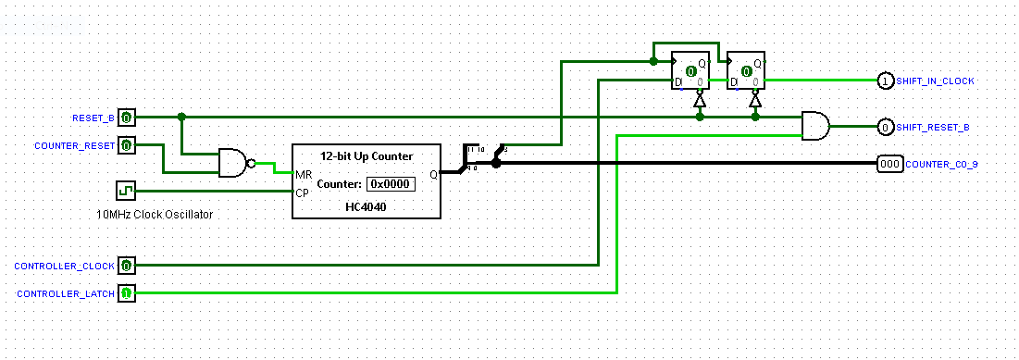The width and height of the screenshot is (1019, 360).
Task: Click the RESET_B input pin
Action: click(x=127, y=118)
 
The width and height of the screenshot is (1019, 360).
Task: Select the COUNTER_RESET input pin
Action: click(x=127, y=145)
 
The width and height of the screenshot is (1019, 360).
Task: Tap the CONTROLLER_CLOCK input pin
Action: click(x=127, y=266)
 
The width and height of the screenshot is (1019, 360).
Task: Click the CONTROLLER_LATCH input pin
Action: click(x=127, y=293)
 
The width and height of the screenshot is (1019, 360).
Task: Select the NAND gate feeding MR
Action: click(x=234, y=164)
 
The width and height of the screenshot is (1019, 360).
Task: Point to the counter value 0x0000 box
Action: click(x=390, y=184)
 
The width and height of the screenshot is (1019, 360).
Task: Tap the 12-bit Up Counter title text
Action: click(x=366, y=155)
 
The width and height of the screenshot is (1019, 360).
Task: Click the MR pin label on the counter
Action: click(x=303, y=175)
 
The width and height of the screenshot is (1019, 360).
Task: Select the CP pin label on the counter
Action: click(x=302, y=192)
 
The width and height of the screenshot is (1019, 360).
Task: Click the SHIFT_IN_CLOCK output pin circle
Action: click(x=885, y=81)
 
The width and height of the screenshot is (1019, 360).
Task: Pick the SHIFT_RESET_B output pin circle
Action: click(x=885, y=127)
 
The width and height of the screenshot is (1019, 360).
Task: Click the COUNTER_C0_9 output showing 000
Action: click(x=889, y=164)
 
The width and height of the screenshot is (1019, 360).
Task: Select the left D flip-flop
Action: click(x=690, y=69)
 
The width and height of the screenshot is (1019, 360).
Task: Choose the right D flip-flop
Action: click(x=746, y=69)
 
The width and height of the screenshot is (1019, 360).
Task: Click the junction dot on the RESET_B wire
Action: click(x=181, y=117)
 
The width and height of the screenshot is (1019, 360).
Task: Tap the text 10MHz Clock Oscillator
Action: click(x=155, y=214)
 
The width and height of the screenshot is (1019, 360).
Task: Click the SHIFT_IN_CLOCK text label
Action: click(x=935, y=81)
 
